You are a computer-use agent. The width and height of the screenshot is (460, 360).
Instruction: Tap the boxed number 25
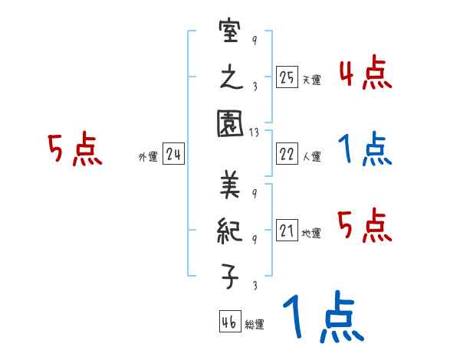point(287,77)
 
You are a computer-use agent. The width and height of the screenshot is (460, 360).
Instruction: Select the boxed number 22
point(287,154)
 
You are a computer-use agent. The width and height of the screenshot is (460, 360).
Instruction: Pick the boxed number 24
point(173,154)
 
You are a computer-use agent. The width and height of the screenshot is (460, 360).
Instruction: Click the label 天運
point(311,80)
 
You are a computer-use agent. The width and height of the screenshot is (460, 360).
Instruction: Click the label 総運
point(254,324)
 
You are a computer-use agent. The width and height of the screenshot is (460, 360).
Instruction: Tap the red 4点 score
point(365,75)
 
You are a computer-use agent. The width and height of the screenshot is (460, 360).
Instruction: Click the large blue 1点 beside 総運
point(323,319)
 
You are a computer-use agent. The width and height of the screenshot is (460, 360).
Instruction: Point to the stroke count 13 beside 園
point(255,133)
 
